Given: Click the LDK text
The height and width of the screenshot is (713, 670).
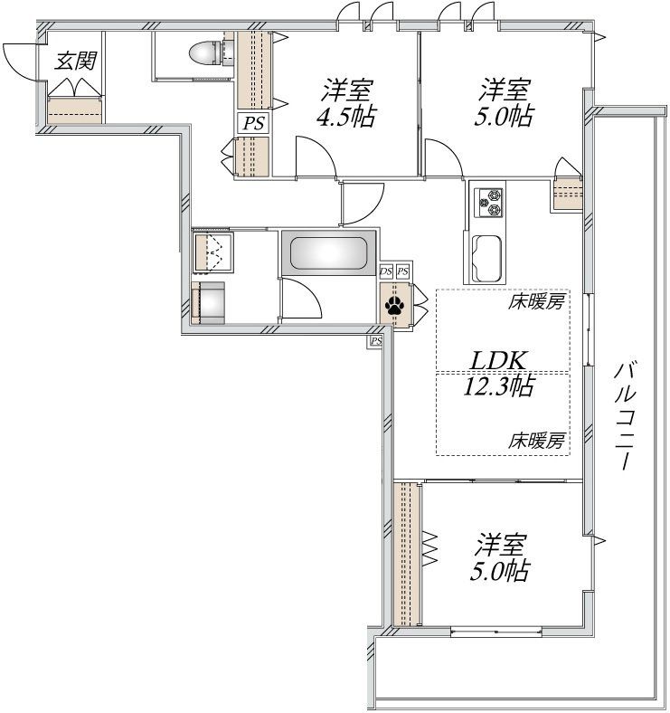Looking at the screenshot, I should (497, 360).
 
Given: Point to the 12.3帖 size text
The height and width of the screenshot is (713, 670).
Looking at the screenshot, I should (499, 387).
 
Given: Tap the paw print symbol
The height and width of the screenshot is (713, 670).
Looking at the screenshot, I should (395, 305).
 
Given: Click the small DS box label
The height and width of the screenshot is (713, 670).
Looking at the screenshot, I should (386, 271).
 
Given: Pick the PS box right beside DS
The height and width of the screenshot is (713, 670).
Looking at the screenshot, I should (403, 271).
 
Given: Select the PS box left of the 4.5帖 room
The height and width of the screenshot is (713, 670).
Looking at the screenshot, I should (253, 123).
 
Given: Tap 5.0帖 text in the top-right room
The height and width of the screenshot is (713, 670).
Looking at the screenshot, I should (505, 117).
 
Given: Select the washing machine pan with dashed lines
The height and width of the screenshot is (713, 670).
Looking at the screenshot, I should (214, 251).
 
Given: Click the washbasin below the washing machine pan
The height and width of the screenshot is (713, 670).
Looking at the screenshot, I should (211, 301).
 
